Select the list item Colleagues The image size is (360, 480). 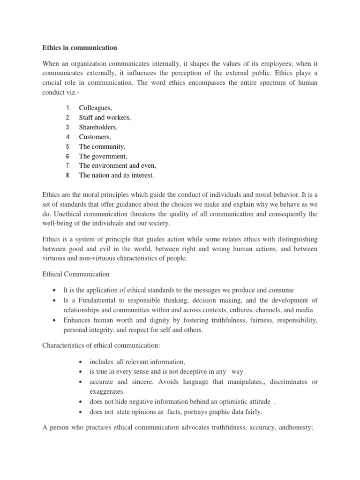pos(95,108)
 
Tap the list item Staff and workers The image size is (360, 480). pos(105,118)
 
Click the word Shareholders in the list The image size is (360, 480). pos(98,127)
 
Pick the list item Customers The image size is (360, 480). pos(95,137)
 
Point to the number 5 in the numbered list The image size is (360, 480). pos(68,147)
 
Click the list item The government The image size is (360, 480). pos(103,156)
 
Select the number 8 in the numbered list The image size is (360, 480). pos(68,175)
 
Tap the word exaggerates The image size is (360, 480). pos(108,391)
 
